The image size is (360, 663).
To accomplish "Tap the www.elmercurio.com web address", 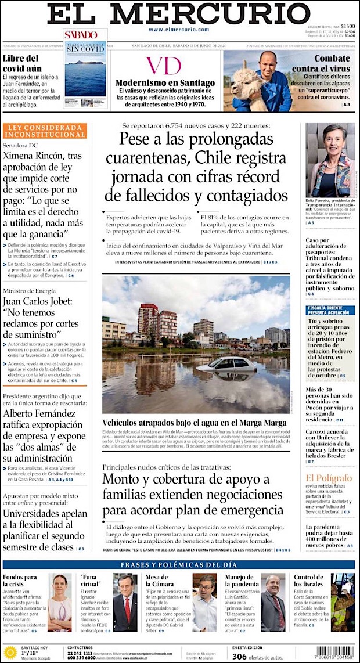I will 179,30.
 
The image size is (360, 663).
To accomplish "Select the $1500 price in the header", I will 348,26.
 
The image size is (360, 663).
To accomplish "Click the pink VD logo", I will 163,66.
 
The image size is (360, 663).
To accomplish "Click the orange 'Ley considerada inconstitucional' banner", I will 44,131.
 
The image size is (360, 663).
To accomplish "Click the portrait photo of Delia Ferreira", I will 330,160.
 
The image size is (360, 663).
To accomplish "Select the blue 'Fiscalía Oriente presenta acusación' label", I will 330,310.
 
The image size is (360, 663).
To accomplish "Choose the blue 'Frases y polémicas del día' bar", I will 179,565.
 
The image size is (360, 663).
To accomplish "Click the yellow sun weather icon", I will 9,652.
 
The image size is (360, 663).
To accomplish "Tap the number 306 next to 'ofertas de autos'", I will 240,656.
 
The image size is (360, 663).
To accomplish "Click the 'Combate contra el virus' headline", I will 332,63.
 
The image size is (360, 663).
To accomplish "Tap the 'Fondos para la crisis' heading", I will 20,581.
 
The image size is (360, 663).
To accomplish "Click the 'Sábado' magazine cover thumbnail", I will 85,69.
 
